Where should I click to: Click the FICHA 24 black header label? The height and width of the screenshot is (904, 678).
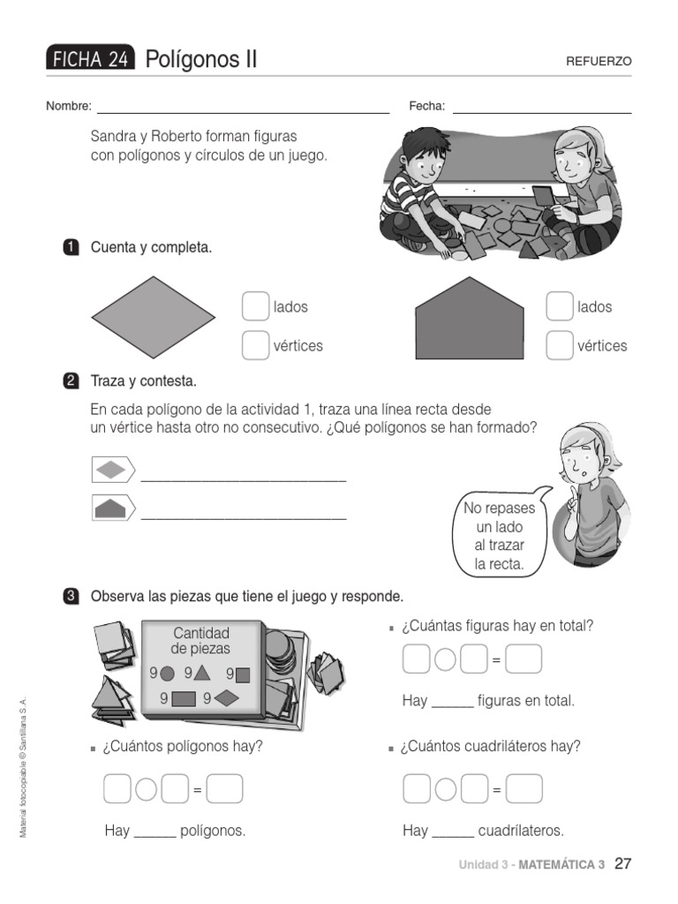(x=90, y=60)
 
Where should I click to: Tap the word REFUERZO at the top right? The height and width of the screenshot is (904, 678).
(x=599, y=62)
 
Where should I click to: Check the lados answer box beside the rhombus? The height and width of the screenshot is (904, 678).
(x=255, y=306)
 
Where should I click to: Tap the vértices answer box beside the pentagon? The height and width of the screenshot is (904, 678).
(x=560, y=345)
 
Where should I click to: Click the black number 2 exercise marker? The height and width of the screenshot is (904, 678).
(x=72, y=381)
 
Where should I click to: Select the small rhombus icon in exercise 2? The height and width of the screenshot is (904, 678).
(x=111, y=470)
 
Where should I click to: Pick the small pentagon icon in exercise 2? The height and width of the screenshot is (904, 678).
(x=111, y=508)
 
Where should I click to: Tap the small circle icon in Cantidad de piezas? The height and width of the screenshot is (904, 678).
(x=167, y=674)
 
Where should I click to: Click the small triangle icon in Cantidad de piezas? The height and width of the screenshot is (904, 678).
(x=202, y=674)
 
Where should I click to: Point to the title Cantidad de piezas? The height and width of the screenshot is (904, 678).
(x=201, y=640)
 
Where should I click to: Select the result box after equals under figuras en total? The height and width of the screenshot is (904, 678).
(x=524, y=659)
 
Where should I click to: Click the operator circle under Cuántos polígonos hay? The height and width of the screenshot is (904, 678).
(x=147, y=789)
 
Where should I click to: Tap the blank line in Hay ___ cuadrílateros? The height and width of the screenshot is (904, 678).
(x=453, y=831)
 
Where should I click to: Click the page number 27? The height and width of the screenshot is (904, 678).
(x=622, y=863)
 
